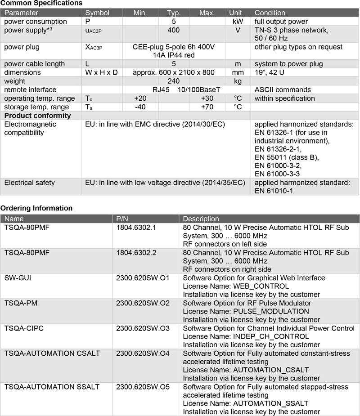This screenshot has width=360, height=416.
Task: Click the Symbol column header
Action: pyautogui.click(x=97, y=13)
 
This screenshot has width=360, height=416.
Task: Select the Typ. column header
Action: pyautogui.click(x=174, y=13)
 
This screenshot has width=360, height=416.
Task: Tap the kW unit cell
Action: pyautogui.click(x=235, y=22)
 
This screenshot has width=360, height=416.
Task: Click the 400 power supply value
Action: pyautogui.click(x=173, y=30)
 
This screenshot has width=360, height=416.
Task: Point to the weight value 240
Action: pyautogui.click(x=173, y=81)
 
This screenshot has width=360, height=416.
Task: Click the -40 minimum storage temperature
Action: pyautogui.click(x=140, y=107)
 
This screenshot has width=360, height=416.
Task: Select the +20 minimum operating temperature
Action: pyautogui.click(x=140, y=98)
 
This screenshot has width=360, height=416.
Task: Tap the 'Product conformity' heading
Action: pyautogui.click(x=37, y=116)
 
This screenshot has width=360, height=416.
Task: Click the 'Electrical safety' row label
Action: pyautogui.click(x=29, y=183)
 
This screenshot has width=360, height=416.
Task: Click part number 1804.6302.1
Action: pyautogui.click(x=136, y=228)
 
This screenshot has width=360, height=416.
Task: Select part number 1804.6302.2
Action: pyautogui.click(x=136, y=253)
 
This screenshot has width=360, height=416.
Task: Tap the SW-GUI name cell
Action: pyautogui.click(x=18, y=278)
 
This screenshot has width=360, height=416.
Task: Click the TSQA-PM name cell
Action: pyautogui.click(x=20, y=303)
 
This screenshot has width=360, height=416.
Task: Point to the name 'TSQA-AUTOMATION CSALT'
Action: pyautogui.click(x=52, y=353)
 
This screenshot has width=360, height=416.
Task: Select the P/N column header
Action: pyautogui.click(x=122, y=219)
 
